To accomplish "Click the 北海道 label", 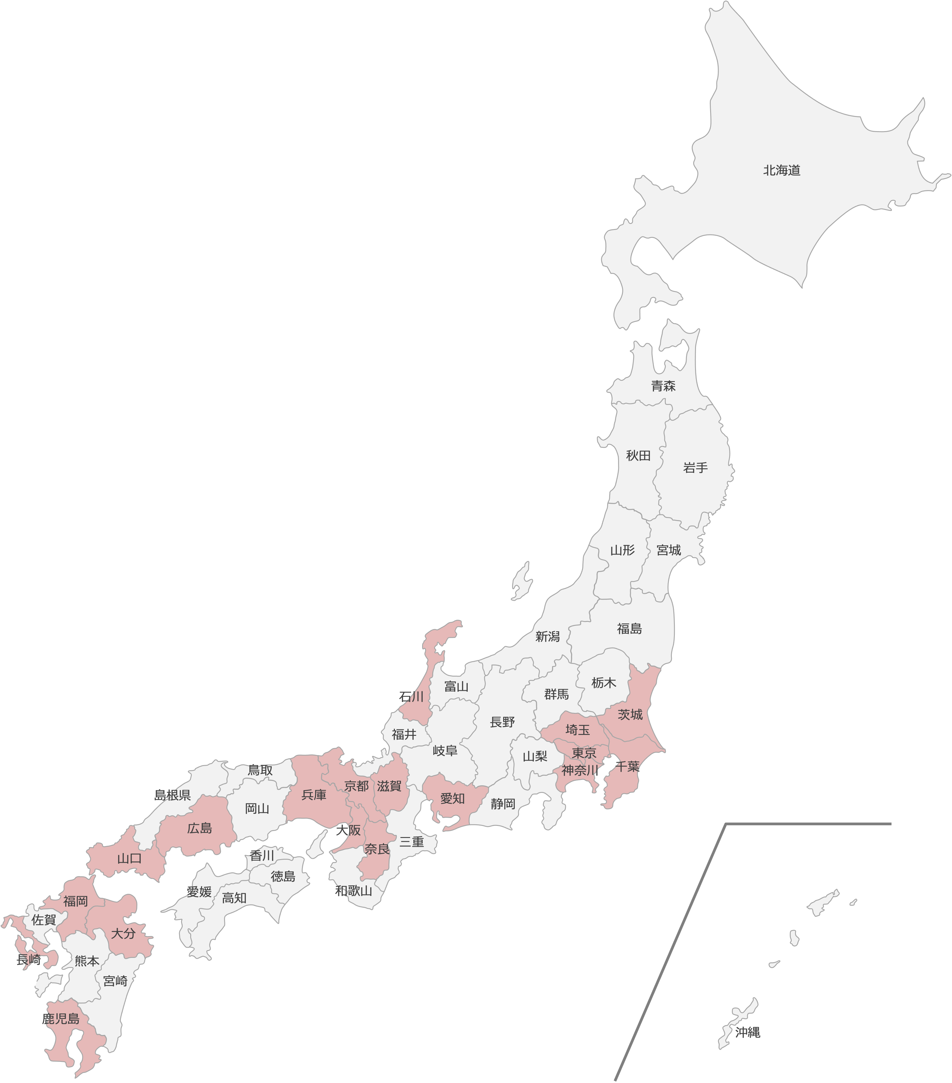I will tap(781, 170).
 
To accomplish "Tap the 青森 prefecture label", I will tap(663, 386).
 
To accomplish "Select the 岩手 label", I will tap(695, 468).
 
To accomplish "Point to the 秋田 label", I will tap(638, 455).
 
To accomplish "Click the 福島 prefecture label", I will tap(630, 629).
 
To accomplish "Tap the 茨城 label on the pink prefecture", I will tap(630, 715).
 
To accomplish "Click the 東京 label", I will tap(584, 753).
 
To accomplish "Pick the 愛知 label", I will tap(453, 798).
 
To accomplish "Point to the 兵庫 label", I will tap(314, 795).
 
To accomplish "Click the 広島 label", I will tap(200, 828).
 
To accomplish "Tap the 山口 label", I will tap(129, 859).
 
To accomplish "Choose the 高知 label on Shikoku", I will tap(234, 898).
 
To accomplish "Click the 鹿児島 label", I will tap(61, 1018).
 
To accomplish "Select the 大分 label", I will tap(123, 933).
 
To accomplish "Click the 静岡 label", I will tap(502, 804).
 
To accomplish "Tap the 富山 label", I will tap(457, 687).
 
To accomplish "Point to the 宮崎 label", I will tap(115, 981).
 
